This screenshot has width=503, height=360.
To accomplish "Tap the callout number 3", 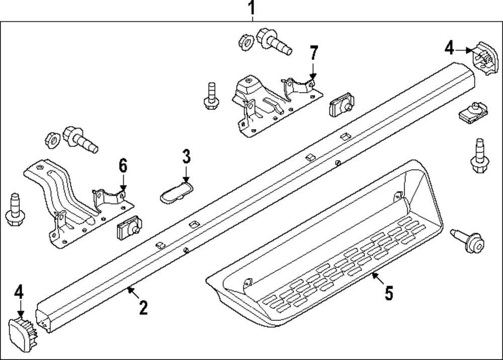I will pos(186,157).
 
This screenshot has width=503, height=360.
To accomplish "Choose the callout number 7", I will pos(313,52).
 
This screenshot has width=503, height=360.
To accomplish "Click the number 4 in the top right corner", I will pos(449,48).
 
